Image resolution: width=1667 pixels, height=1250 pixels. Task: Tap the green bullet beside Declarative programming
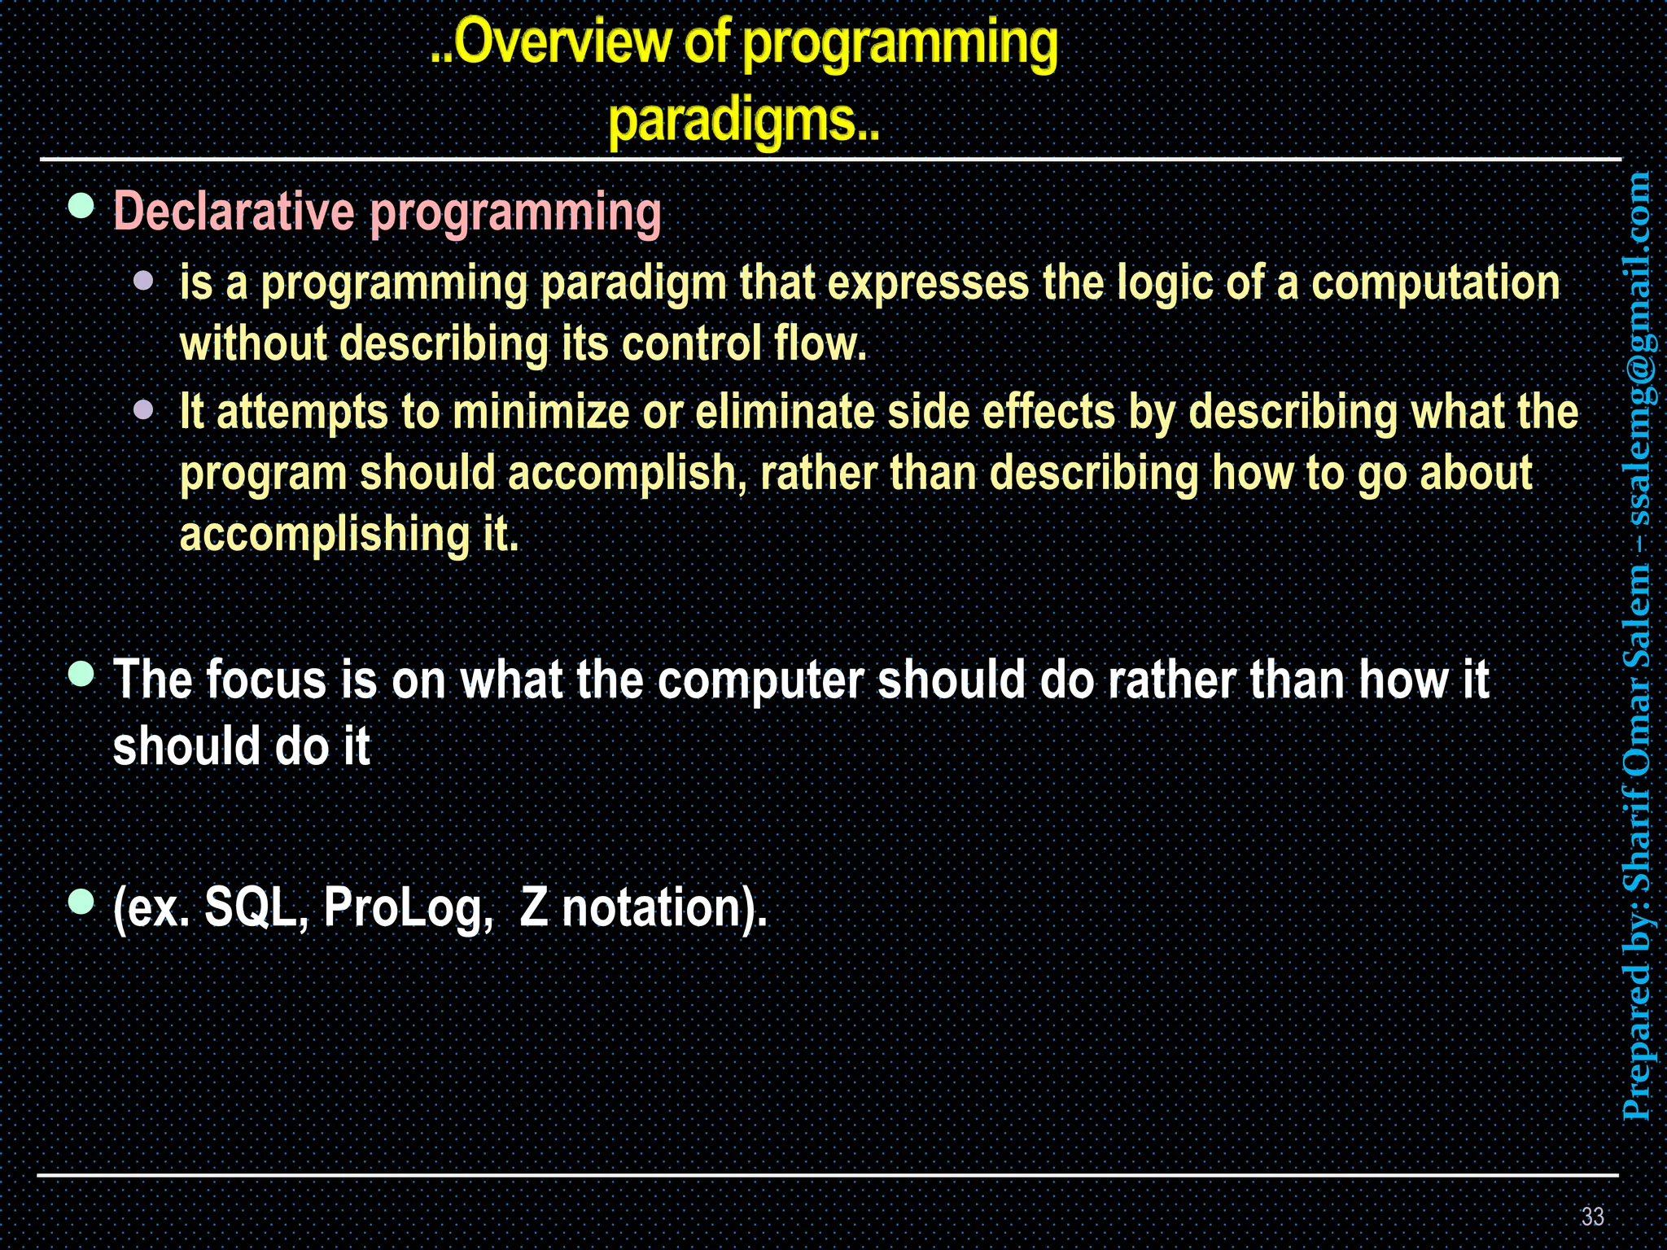(81, 207)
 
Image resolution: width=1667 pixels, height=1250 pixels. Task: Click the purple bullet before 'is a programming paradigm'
(144, 282)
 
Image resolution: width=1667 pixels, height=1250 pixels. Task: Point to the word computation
(1435, 283)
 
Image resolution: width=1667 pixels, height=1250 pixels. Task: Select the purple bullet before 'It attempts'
(144, 409)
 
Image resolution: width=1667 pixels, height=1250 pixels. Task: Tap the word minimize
(540, 412)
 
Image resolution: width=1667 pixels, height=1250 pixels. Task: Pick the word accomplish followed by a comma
(627, 474)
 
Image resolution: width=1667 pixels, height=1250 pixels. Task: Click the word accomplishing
(324, 535)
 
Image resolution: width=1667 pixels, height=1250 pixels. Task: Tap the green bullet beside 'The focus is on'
(81, 674)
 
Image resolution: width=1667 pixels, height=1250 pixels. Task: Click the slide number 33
(1592, 1216)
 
